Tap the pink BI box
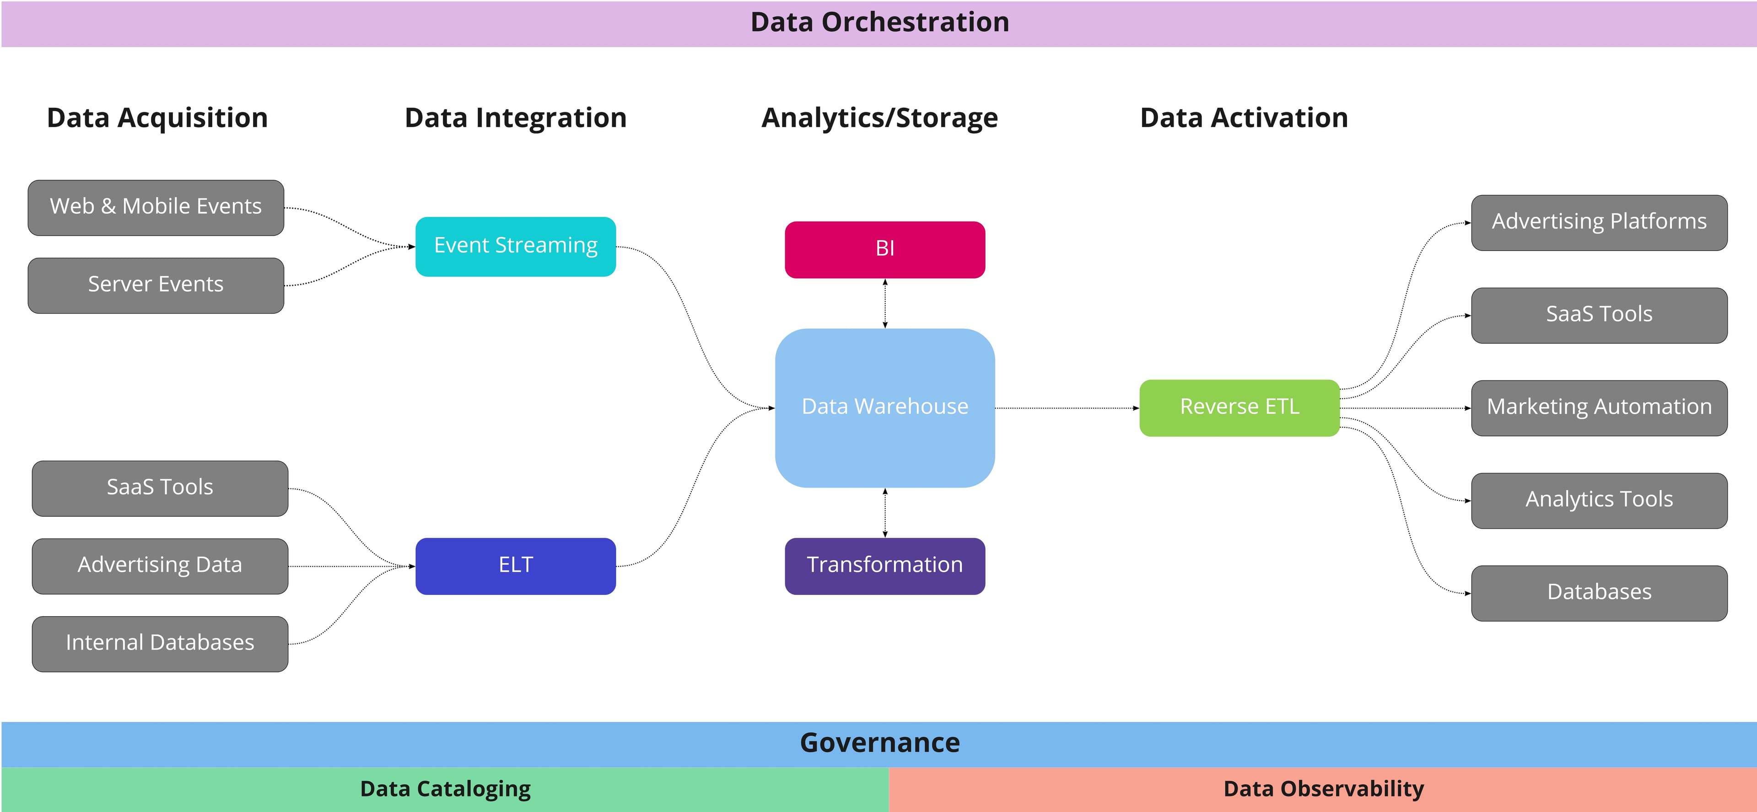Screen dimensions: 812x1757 tap(884, 249)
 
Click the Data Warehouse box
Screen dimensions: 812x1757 tap(884, 407)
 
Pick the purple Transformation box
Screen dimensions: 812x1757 tap(884, 566)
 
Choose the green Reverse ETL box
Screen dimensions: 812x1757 tap(1240, 407)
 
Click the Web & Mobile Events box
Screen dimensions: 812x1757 tap(156, 207)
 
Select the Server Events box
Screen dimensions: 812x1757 tap(156, 285)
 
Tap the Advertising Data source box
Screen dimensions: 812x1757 tap(160, 566)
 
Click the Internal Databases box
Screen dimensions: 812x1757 tap(160, 644)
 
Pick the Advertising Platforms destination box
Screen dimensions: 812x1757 tap(1599, 222)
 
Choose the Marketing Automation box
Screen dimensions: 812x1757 tap(1599, 407)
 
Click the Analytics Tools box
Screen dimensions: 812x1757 tap(1599, 500)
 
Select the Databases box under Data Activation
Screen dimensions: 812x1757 tap(1599, 592)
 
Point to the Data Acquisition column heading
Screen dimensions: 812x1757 tap(157, 118)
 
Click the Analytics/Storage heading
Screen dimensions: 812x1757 tap(879, 118)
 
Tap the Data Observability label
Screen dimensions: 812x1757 tap(1323, 789)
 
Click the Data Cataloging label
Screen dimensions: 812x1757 tap(445, 789)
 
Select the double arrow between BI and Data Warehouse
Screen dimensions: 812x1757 tap(884, 303)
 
